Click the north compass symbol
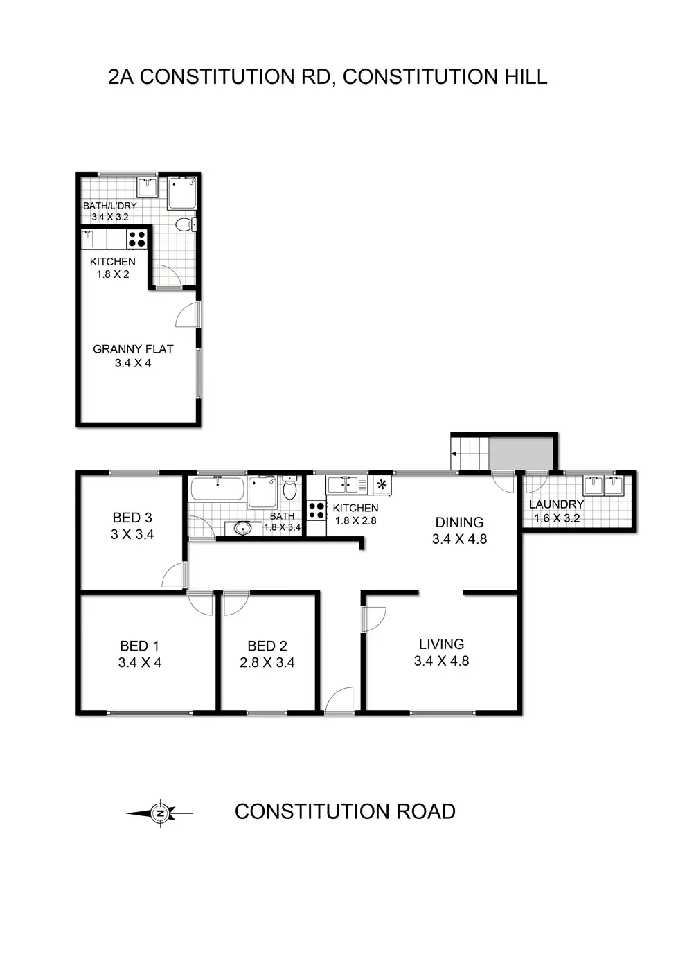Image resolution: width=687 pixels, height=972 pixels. [x=161, y=813]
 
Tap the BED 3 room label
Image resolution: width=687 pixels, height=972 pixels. [x=132, y=518]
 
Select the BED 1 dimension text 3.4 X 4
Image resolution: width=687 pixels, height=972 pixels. [x=139, y=662]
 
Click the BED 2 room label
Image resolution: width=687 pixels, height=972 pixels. [x=267, y=646]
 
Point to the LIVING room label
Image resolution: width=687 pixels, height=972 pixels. [x=441, y=644]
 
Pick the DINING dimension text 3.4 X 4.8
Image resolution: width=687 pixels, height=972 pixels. [x=459, y=539]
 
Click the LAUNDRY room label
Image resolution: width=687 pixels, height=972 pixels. [x=556, y=504]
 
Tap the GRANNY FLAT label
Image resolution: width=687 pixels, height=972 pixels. [x=133, y=349]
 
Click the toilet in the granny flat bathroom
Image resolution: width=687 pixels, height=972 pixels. [x=184, y=224]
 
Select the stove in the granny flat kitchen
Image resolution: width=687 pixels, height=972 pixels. [x=137, y=239]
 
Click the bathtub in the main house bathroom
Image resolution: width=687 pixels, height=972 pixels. [x=217, y=489]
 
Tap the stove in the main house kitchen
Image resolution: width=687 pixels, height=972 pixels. [x=316, y=511]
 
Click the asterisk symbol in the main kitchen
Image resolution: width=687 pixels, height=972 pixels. [x=382, y=484]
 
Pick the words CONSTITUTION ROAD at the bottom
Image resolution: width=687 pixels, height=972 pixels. [x=345, y=811]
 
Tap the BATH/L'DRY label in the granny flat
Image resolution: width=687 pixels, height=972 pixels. [x=109, y=206]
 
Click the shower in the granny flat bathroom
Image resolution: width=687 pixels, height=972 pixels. [x=183, y=193]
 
